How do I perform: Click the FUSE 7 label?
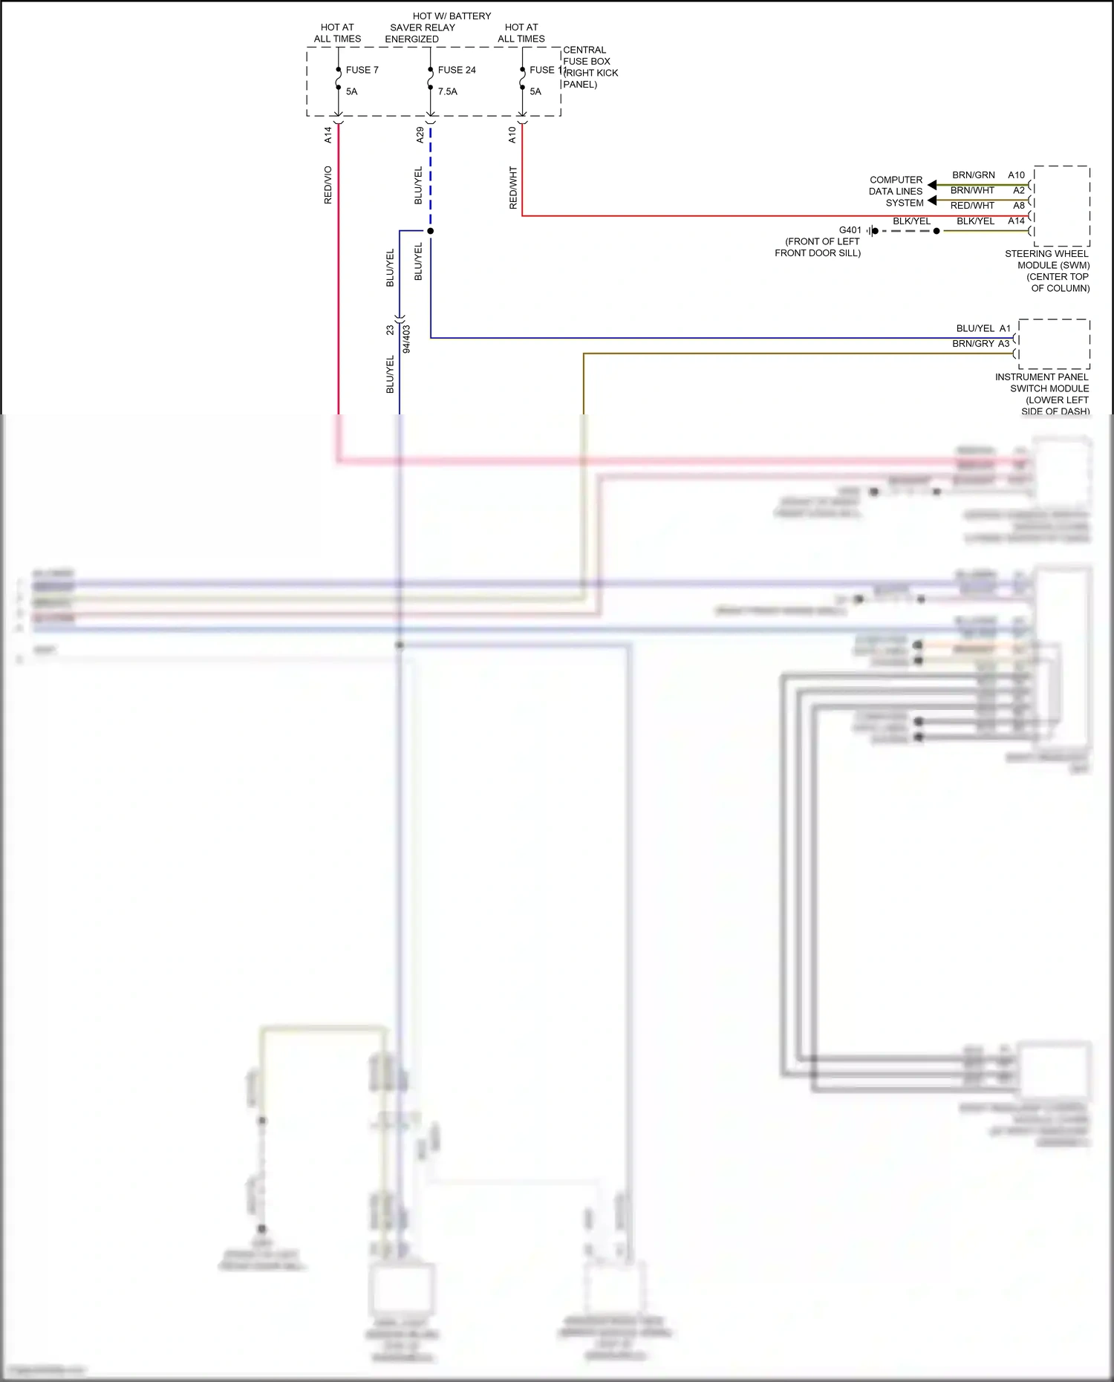(x=362, y=70)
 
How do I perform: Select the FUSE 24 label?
(x=456, y=70)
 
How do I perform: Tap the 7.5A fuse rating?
(x=447, y=91)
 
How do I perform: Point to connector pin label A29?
(x=420, y=134)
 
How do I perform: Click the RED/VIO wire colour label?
(x=328, y=185)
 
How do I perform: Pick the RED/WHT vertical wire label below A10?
(x=512, y=187)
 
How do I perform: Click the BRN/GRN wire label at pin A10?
(x=973, y=175)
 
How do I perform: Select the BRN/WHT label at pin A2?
(x=972, y=190)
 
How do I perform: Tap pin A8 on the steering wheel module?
(x=1019, y=206)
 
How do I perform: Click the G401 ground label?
(x=850, y=230)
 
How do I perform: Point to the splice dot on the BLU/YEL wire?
(x=430, y=231)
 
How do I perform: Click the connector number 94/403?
(x=406, y=339)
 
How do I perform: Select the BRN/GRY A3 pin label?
(x=980, y=344)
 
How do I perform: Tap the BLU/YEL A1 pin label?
(x=983, y=328)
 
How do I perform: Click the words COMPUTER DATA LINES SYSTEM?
(x=896, y=191)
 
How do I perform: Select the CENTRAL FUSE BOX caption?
(x=589, y=67)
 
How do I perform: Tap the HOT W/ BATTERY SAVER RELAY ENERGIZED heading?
(x=438, y=27)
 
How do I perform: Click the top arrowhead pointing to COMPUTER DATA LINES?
(x=931, y=185)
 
